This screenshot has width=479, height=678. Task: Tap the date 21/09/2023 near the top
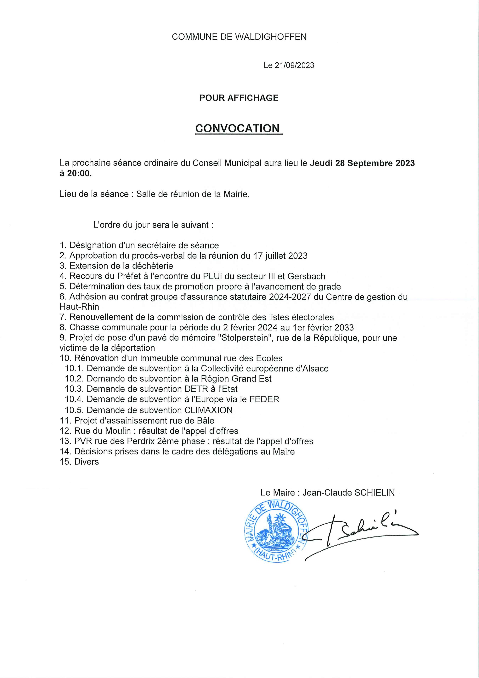[294, 65]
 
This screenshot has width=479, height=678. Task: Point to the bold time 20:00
[79, 173]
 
